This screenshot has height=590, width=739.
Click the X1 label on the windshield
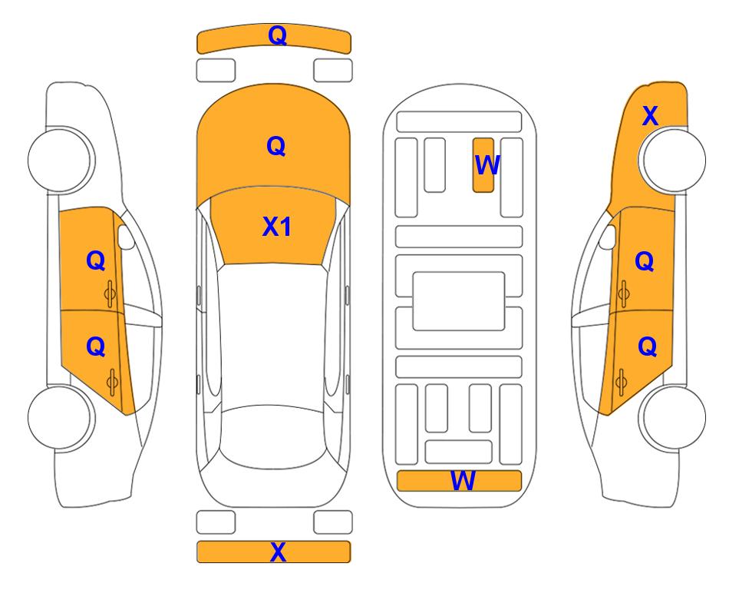click(x=277, y=227)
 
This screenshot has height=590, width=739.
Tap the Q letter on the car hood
click(x=276, y=146)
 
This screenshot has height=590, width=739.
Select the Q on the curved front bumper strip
click(x=278, y=35)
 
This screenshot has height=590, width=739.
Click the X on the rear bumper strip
click(x=278, y=552)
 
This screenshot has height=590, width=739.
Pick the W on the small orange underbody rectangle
click(x=487, y=165)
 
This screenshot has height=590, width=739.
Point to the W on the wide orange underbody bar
click(x=463, y=481)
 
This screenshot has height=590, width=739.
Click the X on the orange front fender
click(x=651, y=116)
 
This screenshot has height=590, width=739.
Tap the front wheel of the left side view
click(x=60, y=160)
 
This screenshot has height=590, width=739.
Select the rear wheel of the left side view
click(x=60, y=417)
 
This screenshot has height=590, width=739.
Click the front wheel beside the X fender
click(x=672, y=160)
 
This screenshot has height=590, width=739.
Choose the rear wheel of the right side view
click(x=673, y=417)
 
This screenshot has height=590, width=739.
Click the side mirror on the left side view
click(x=125, y=237)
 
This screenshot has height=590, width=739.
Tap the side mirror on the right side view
click(x=608, y=237)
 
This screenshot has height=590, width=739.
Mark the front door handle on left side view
click(x=111, y=294)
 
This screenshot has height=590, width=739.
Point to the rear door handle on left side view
click(x=112, y=382)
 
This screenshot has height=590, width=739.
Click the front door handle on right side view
click(x=624, y=294)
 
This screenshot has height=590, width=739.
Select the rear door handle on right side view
click(x=621, y=382)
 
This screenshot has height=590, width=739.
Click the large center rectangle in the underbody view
click(x=459, y=301)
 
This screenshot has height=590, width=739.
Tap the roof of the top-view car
click(x=272, y=334)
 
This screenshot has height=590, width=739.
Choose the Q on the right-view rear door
click(x=648, y=347)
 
